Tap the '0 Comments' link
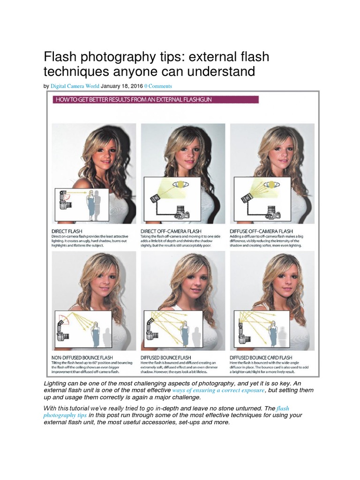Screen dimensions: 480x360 point(158,86)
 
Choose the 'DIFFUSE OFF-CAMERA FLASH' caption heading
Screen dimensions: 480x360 point(261,231)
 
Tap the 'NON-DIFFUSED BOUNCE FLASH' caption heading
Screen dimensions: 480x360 point(83,358)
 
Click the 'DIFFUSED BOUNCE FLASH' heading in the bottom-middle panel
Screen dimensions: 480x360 point(166,358)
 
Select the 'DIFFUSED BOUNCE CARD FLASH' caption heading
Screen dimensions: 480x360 point(261,358)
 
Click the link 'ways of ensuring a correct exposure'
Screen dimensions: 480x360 point(218,390)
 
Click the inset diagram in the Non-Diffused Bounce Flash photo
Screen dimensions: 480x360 point(83,328)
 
